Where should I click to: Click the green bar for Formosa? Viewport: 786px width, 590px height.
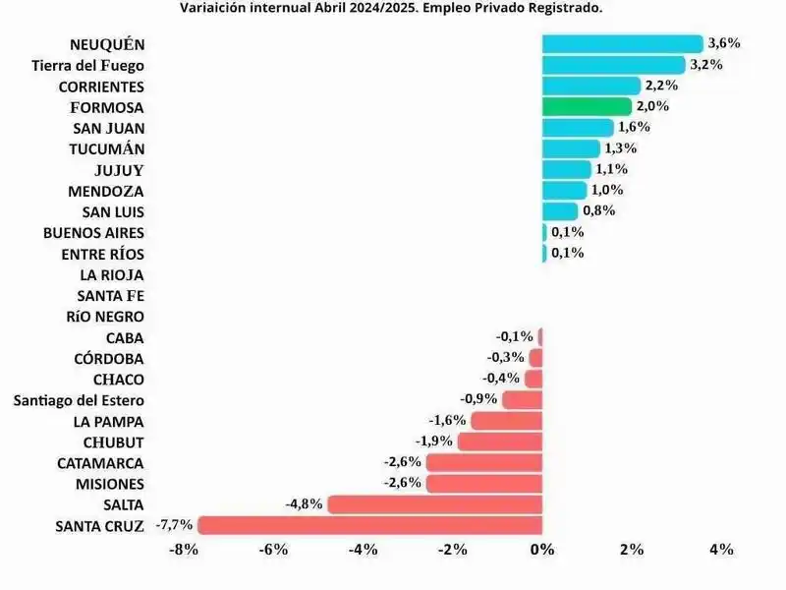(x=587, y=106)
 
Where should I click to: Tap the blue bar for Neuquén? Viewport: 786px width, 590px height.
(x=622, y=44)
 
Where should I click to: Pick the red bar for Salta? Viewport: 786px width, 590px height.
(x=434, y=504)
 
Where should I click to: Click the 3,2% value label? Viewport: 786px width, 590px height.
(x=707, y=65)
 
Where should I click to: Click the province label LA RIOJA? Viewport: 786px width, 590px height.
(x=110, y=274)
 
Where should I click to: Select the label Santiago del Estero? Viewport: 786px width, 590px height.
(x=79, y=400)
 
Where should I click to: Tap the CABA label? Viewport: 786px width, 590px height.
(x=125, y=337)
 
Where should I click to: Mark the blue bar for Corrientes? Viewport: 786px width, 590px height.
(x=590, y=86)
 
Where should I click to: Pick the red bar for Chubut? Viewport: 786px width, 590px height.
(x=500, y=442)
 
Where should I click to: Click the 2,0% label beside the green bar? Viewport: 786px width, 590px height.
(x=653, y=106)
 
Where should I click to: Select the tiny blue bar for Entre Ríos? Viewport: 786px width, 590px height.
(x=544, y=253)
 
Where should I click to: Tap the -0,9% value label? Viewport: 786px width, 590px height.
(x=479, y=400)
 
